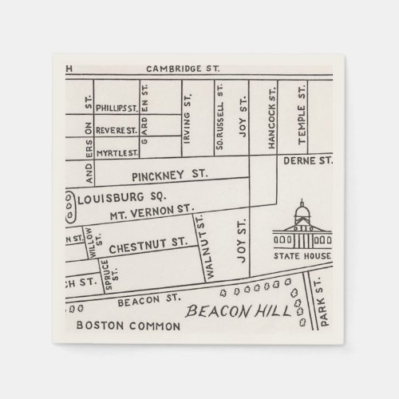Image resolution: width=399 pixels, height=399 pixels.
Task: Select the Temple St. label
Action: point(302,120)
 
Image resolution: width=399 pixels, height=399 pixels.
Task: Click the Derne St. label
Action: point(308,160)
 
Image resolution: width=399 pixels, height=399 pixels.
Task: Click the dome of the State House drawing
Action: point(302,211)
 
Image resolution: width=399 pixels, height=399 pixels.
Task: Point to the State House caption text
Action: point(302,258)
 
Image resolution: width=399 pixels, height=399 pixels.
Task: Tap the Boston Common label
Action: point(117,326)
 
